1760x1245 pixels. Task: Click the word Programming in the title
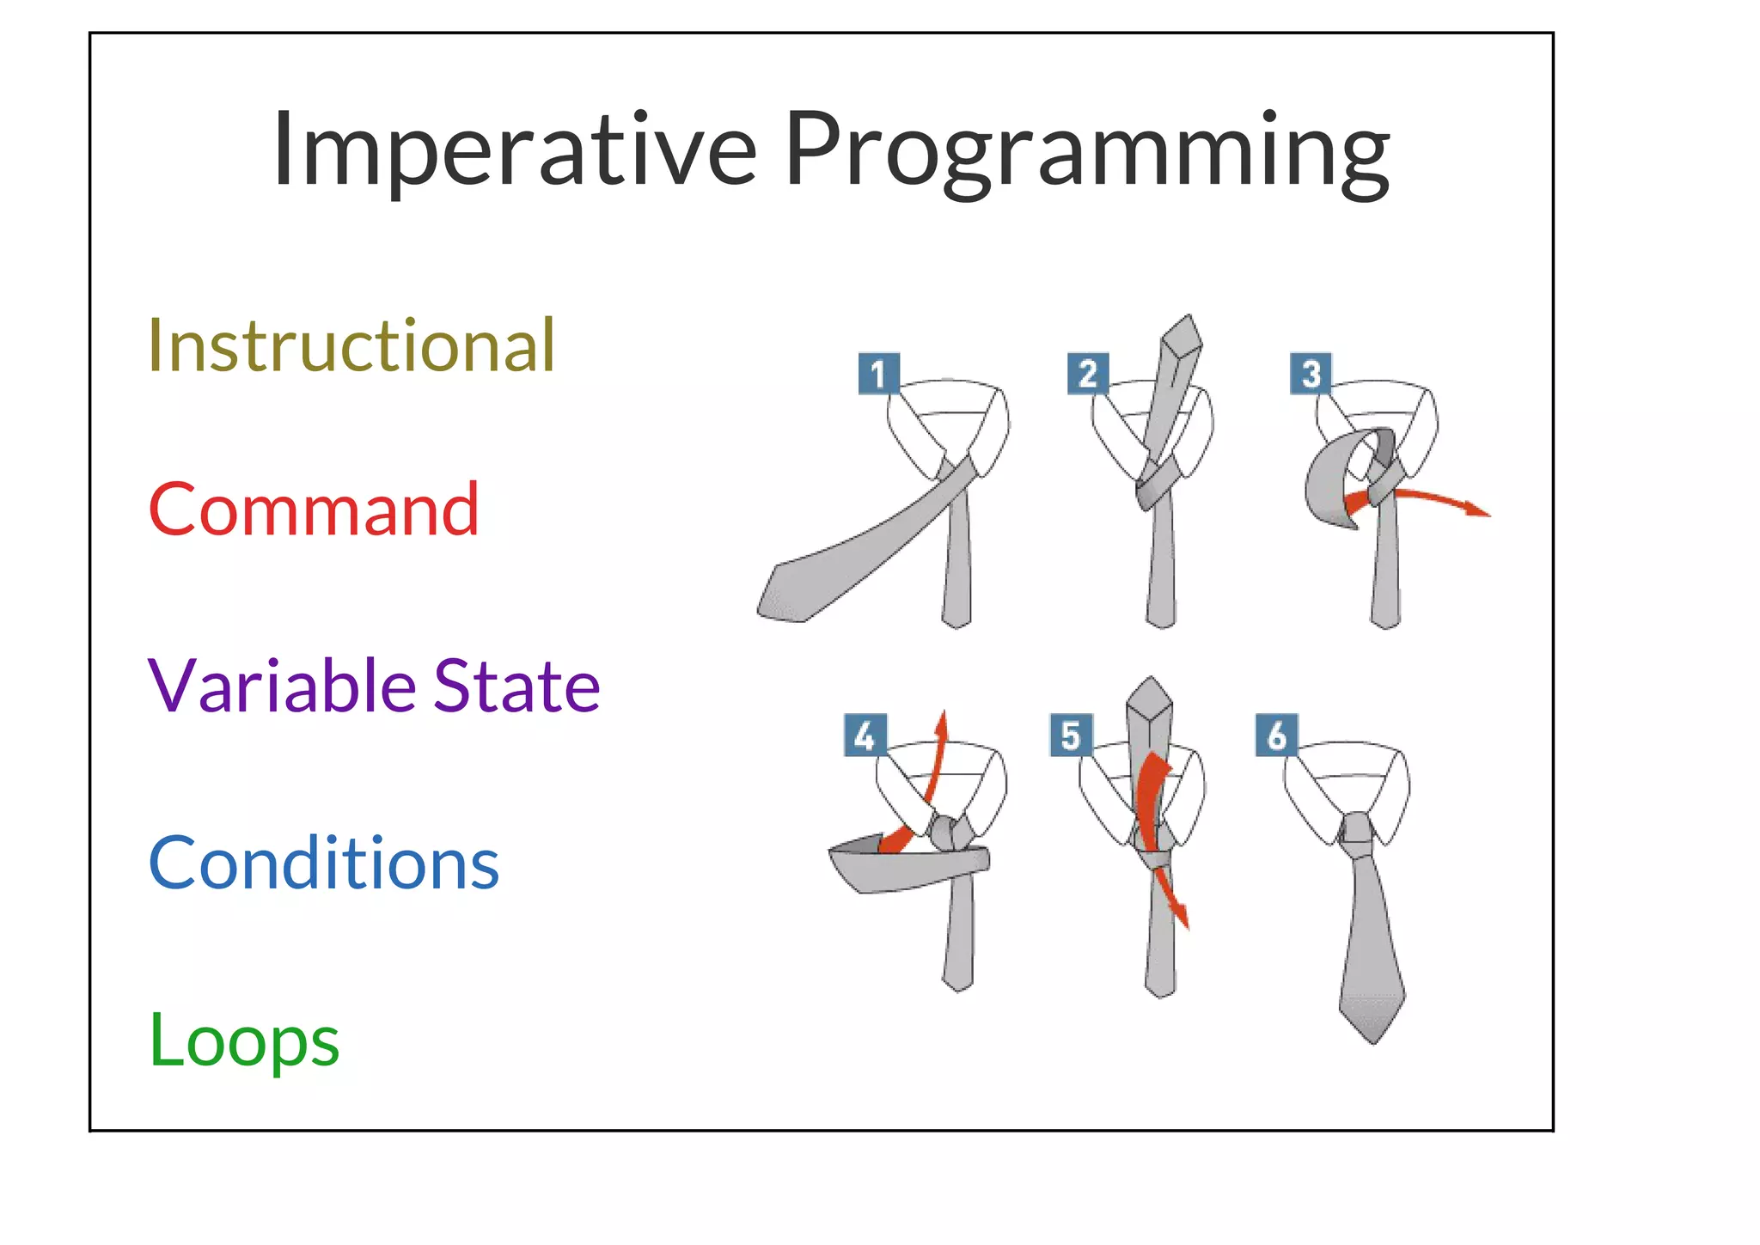tap(1086, 153)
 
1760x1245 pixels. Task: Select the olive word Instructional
tap(351, 345)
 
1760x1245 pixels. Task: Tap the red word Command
tap(314, 510)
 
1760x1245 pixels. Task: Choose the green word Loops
tap(244, 1041)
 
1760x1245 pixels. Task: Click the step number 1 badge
tap(878, 374)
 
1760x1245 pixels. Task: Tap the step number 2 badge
tap(1087, 374)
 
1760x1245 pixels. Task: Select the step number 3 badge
tap(1311, 374)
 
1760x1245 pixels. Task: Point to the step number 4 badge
tap(865, 735)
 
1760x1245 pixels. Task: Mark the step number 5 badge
tap(1071, 735)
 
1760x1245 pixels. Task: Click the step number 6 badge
tap(1276, 735)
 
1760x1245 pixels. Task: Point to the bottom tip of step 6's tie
tap(1372, 1040)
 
